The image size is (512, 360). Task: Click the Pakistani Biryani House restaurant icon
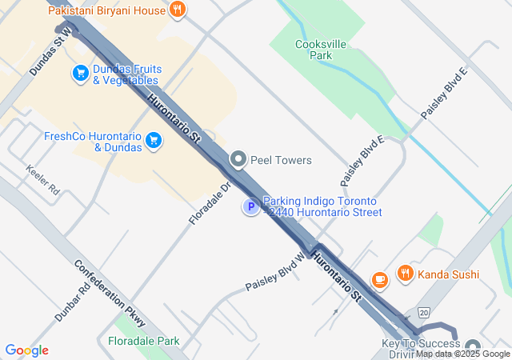pyautogui.click(x=178, y=10)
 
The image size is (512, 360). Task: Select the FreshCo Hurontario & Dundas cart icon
pyautogui.click(x=154, y=142)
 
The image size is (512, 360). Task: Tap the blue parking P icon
pyautogui.click(x=251, y=207)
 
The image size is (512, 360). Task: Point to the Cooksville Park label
pyautogui.click(x=313, y=50)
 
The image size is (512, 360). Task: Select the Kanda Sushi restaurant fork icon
pyautogui.click(x=405, y=274)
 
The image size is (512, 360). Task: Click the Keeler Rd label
pyautogui.click(x=42, y=181)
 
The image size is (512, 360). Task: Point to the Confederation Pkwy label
pyautogui.click(x=110, y=293)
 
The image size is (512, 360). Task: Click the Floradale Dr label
pyautogui.click(x=210, y=202)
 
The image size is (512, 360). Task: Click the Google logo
pyautogui.click(x=26, y=350)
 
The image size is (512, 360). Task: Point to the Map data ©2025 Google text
pyautogui.click(x=462, y=354)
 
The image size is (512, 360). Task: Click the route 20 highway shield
pyautogui.click(x=423, y=312)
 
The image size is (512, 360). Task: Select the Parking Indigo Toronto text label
pyautogui.click(x=322, y=206)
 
